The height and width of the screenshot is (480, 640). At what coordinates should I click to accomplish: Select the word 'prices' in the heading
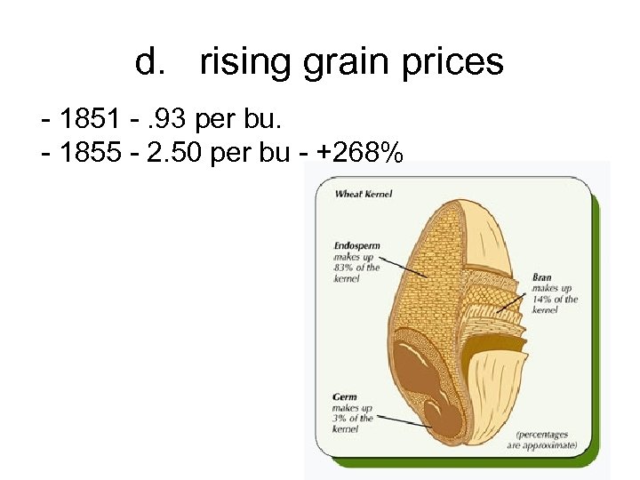tap(456, 62)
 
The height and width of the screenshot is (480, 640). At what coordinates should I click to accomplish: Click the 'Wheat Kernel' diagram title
tap(363, 194)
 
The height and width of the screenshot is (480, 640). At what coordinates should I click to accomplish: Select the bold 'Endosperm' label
tap(357, 244)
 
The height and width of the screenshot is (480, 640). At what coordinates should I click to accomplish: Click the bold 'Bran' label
tap(541, 277)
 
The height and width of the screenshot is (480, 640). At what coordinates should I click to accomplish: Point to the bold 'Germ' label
tap(346, 396)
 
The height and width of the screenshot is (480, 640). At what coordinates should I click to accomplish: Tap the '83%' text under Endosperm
tap(344, 267)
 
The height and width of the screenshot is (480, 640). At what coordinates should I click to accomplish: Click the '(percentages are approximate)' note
tap(543, 439)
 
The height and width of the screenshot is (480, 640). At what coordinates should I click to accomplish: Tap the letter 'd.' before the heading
tap(150, 62)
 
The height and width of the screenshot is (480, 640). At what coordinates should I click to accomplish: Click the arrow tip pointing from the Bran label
tap(500, 310)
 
